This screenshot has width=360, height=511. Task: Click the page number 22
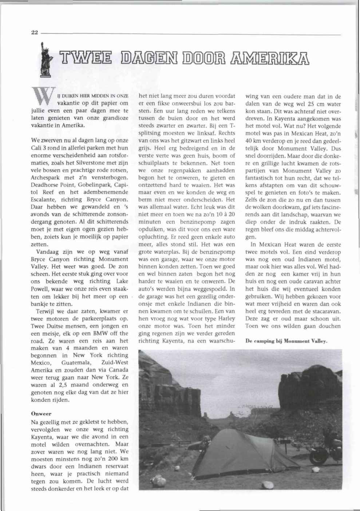[35, 32]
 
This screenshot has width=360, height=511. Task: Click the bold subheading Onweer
[41, 414]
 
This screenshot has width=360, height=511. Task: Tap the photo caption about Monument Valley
[286, 341]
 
